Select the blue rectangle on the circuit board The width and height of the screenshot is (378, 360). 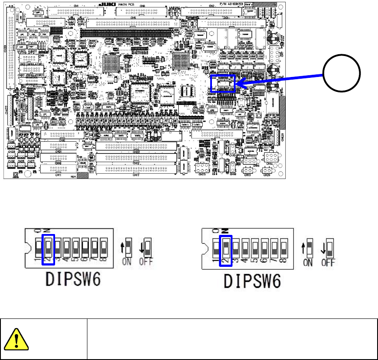coord(223,83)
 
